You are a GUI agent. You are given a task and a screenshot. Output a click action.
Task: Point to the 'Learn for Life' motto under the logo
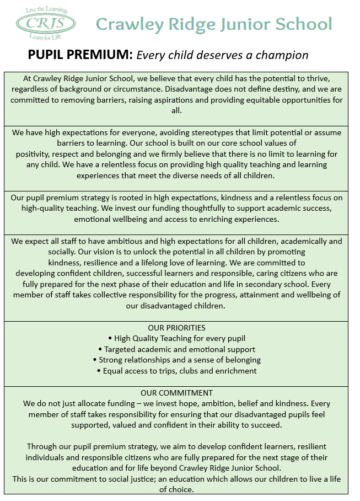pyautogui.click(x=46, y=36)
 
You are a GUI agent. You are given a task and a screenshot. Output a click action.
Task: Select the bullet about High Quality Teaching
pyautogui.click(x=179, y=338)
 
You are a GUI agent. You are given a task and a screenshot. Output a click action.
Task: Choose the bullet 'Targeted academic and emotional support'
pyautogui.click(x=179, y=349)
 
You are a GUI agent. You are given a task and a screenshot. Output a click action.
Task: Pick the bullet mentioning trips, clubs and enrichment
pyautogui.click(x=179, y=371)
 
